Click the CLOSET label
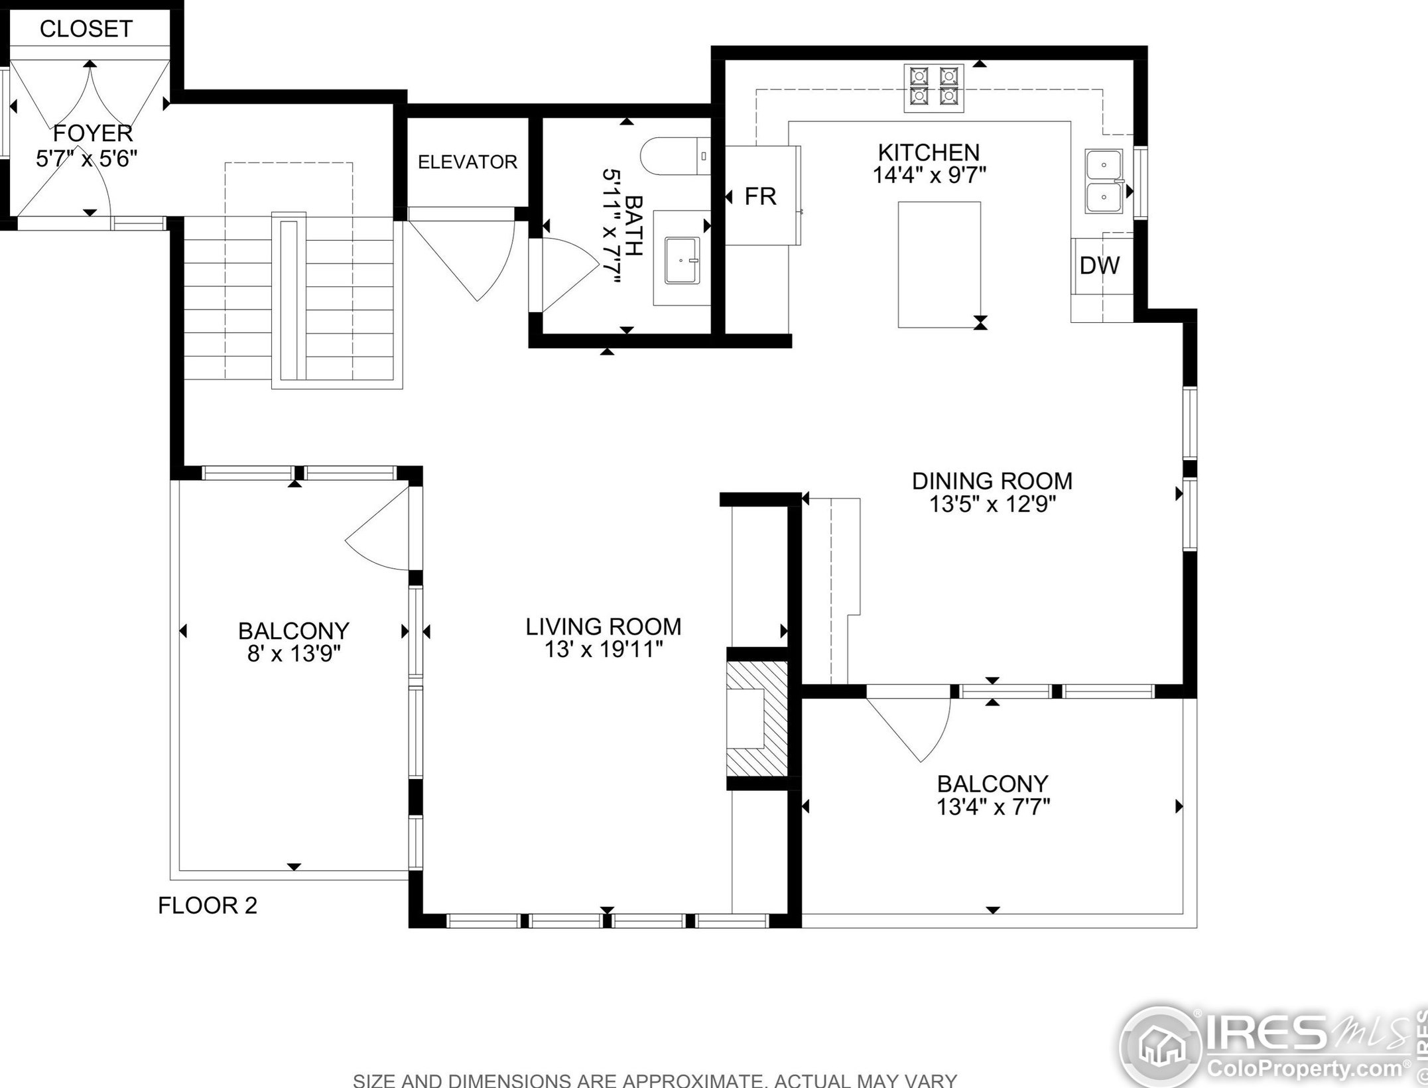(x=86, y=29)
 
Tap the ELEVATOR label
(x=468, y=162)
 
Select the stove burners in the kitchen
(x=935, y=88)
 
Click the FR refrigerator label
(x=760, y=196)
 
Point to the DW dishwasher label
(x=1100, y=265)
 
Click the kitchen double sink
(x=1104, y=181)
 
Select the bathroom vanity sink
(x=682, y=261)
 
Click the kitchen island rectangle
(x=939, y=265)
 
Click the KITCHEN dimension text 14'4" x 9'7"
(x=929, y=176)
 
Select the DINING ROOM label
(x=992, y=481)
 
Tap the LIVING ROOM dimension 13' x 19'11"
(x=604, y=650)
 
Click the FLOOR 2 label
(x=208, y=905)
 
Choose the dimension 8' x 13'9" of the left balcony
(x=294, y=654)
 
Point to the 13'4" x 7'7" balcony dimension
(x=993, y=808)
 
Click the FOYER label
(x=93, y=133)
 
